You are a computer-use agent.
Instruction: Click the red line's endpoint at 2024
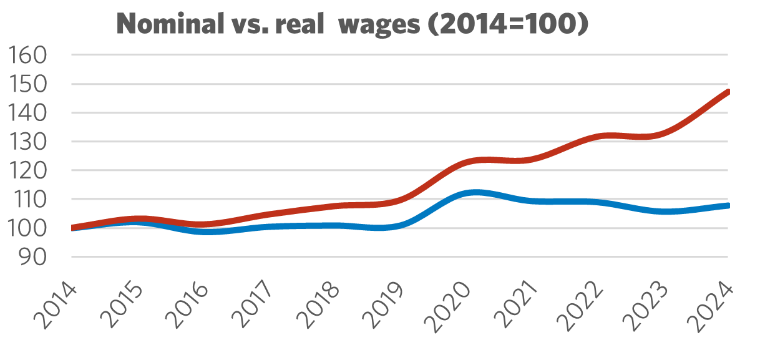pyautogui.click(x=728, y=92)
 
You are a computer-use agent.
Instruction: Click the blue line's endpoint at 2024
pyautogui.click(x=728, y=205)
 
